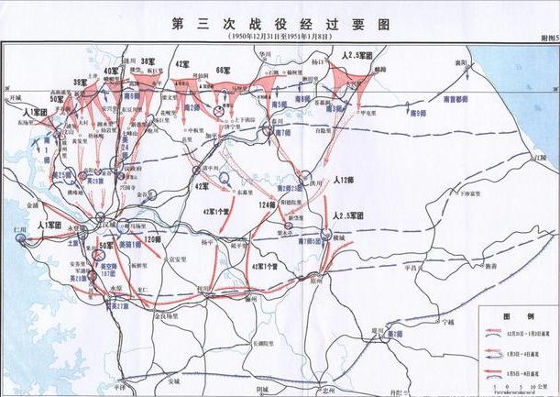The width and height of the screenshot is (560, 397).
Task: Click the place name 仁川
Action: pos(13,226)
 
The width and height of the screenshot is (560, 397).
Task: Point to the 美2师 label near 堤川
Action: pos(392,335)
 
